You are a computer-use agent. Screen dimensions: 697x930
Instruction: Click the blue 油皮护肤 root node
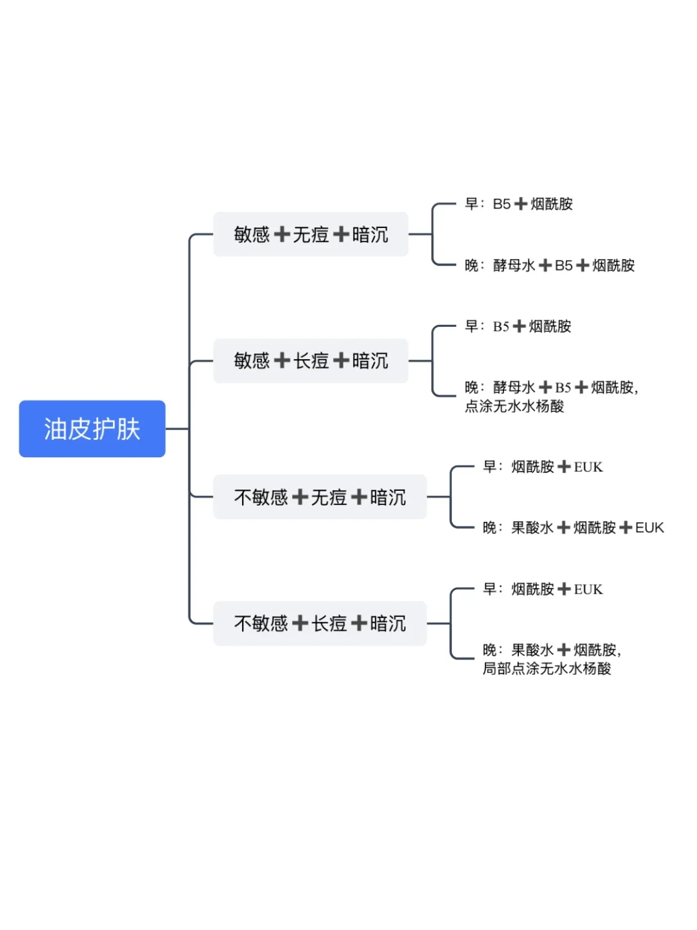[x=92, y=428]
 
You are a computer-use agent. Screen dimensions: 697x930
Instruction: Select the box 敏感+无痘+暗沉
[x=310, y=234]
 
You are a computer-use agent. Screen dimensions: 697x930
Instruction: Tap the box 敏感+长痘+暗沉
[x=310, y=360]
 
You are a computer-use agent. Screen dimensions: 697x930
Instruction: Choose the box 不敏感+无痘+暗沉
[x=320, y=497]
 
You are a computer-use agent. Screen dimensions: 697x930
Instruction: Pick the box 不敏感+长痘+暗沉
[x=320, y=623]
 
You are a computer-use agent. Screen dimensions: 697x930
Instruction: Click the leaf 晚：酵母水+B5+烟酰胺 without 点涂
[x=550, y=265]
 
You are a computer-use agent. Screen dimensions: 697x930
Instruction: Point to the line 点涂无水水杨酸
[x=514, y=406]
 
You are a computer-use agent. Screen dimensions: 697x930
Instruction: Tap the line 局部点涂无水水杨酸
[x=547, y=668]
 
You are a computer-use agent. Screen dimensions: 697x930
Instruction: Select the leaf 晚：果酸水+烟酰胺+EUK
[x=574, y=528]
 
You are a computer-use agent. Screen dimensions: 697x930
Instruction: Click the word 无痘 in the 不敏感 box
[x=329, y=497]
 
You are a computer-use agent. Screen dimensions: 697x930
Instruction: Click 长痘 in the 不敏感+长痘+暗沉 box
[x=329, y=624]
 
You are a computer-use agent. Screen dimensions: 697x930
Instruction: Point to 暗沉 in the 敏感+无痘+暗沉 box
[x=370, y=234]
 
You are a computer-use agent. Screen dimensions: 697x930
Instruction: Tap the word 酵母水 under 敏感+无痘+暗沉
[x=514, y=265]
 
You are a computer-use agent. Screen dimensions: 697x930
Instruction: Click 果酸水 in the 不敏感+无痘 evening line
[x=532, y=528]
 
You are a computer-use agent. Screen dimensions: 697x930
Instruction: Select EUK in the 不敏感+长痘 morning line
[x=588, y=589]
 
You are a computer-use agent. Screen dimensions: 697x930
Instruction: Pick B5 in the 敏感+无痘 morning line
[x=502, y=204]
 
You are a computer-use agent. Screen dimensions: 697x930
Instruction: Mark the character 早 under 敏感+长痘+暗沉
[x=471, y=325]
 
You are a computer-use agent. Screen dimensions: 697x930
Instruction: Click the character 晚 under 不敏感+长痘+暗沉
[x=490, y=650]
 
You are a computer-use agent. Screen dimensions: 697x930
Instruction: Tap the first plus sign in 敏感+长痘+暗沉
[x=282, y=361]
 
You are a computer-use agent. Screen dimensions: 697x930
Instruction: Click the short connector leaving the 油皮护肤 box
[x=177, y=429]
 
